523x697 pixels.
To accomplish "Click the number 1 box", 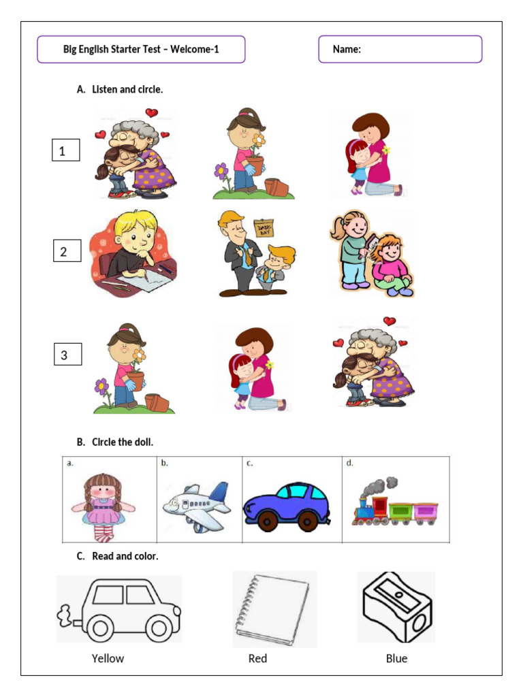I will (x=66, y=150).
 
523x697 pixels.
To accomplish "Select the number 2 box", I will (x=67, y=251).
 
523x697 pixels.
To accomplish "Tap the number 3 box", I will (x=67, y=354).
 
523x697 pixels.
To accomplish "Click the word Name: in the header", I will (x=347, y=49).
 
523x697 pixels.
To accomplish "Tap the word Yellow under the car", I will (x=108, y=658).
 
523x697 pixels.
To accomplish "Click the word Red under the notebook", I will (x=257, y=658).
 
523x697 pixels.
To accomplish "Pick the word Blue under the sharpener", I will (x=396, y=658).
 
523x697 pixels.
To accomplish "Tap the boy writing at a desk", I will (x=133, y=254).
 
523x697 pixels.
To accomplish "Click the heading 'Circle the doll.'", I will (x=123, y=442).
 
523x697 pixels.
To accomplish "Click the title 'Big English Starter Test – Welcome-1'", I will (x=141, y=49).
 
